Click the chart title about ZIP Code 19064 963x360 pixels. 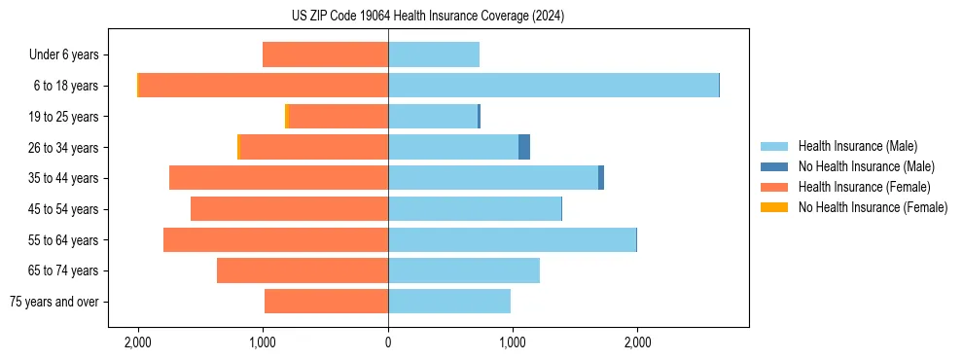[481, 17]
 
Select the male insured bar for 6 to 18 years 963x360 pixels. [553, 86]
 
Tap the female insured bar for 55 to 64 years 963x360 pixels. [275, 239]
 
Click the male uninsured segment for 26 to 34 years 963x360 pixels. [524, 147]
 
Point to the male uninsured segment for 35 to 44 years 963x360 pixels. [601, 178]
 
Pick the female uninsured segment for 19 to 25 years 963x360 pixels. [287, 117]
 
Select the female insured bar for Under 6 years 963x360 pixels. [325, 54]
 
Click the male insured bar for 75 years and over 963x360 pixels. [448, 302]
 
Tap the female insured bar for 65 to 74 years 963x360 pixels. [302, 270]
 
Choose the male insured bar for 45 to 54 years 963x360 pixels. [475, 209]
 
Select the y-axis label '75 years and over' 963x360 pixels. [54, 303]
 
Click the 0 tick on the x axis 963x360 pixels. [388, 342]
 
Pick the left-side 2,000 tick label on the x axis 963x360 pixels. [138, 342]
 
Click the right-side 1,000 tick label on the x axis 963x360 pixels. [513, 342]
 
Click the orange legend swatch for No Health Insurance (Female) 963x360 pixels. [775, 207]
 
